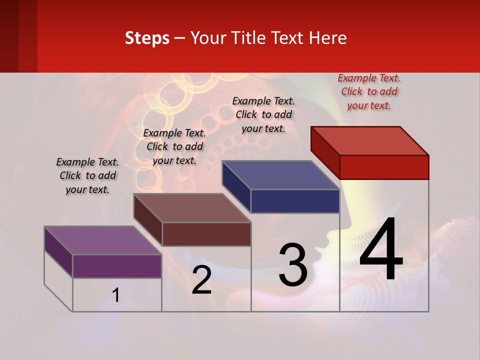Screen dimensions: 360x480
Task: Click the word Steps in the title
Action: coord(147,38)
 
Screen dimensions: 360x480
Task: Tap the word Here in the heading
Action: coord(327,38)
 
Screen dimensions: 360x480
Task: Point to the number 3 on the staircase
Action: coord(293,265)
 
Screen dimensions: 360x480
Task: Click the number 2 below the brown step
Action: coord(201,280)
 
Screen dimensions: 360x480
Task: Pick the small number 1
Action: coord(116,295)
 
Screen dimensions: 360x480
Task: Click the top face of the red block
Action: coord(370,140)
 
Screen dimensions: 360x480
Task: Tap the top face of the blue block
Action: coord(280,175)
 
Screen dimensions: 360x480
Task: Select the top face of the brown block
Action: coord(191,208)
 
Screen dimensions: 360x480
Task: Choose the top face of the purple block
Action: coord(102,240)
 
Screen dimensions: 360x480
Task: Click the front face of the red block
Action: coord(384,167)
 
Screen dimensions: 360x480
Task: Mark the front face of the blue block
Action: coord(295,201)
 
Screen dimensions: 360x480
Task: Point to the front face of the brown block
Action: coord(206,234)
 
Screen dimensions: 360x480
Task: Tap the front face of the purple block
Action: coord(117,266)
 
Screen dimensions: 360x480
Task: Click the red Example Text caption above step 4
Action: coord(369,91)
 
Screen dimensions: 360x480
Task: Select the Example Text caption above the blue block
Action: coord(263,114)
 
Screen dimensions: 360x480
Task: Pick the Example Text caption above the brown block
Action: coord(174,146)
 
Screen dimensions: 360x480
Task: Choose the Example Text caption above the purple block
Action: coord(87,175)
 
